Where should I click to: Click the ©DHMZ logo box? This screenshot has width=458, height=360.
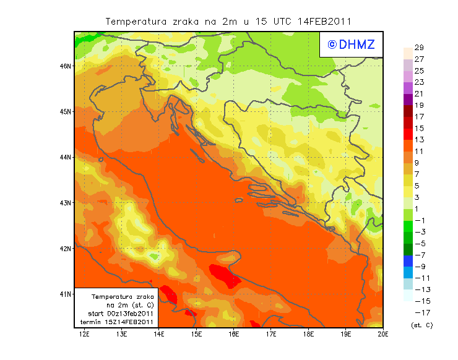point(350,44)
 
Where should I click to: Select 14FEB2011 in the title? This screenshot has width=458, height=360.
point(326,21)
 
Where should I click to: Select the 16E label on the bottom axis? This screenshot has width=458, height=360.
point(234,335)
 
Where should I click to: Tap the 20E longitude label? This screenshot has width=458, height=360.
point(383,335)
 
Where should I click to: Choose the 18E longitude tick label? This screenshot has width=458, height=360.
point(308,335)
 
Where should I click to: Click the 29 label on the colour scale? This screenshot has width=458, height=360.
point(419,48)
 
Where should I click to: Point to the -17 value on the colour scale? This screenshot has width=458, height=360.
point(419,312)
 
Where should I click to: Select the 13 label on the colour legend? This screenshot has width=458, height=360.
point(419,140)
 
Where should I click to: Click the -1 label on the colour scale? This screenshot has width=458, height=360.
point(419,220)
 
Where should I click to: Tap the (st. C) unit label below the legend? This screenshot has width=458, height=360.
point(421,325)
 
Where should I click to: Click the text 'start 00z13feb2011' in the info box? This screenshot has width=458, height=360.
point(121,314)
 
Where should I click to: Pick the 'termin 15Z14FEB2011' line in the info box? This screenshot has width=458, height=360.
point(121,322)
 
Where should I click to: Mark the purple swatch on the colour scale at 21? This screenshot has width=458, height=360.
point(407,99)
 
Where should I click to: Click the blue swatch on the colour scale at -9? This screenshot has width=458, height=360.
point(407,261)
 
